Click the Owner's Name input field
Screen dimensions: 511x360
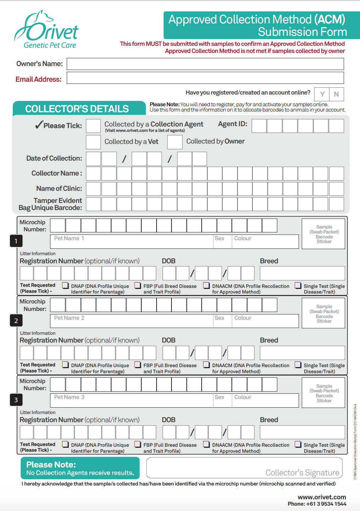pyautogui.click(x=205, y=64)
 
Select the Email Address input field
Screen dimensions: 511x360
pyautogui.click(x=205, y=78)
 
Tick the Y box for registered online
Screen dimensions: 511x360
pyautogui.click(x=322, y=94)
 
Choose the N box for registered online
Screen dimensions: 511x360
pyautogui.click(x=336, y=94)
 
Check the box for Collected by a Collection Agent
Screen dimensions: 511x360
pyautogui.click(x=93, y=126)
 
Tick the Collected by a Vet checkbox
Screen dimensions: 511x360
pyautogui.click(x=93, y=142)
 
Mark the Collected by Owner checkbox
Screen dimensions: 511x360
pyautogui.click(x=175, y=142)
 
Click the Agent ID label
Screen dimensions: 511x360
pyautogui.click(x=233, y=124)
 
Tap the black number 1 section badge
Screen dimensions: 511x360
pyautogui.click(x=16, y=241)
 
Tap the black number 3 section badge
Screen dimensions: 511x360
pyautogui.click(x=16, y=400)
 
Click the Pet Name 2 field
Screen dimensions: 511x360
pyautogui.click(x=131, y=321)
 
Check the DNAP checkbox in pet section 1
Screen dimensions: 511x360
pyautogui.click(x=66, y=285)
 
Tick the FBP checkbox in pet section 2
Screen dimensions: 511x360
pyautogui.click(x=138, y=365)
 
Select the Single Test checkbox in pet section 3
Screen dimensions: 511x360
pyautogui.click(x=298, y=444)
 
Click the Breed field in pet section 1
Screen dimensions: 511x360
pyautogui.click(x=302, y=273)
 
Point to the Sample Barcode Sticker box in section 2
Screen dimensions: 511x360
pyautogui.click(x=323, y=313)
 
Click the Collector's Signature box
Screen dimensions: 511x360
pyautogui.click(x=244, y=468)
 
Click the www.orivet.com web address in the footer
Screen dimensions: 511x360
pyautogui.click(x=322, y=497)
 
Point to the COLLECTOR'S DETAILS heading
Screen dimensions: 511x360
pyautogui.click(x=77, y=109)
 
